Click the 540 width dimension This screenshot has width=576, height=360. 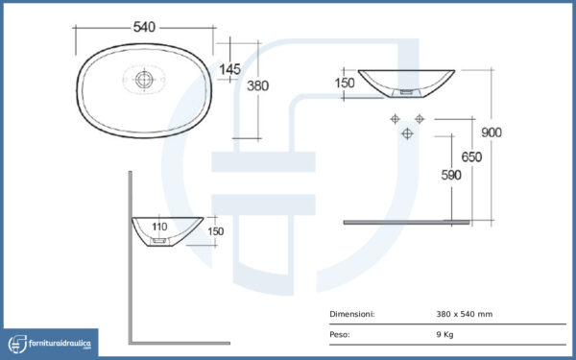pyautogui.click(x=144, y=27)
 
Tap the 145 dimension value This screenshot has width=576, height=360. pyautogui.click(x=230, y=69)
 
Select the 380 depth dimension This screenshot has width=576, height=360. pyautogui.click(x=258, y=86)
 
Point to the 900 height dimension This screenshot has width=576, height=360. pyautogui.click(x=492, y=132)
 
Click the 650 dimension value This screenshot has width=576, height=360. pyautogui.click(x=471, y=156)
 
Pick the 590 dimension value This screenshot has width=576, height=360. pyautogui.click(x=451, y=176)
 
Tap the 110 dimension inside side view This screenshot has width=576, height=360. pyautogui.click(x=159, y=227)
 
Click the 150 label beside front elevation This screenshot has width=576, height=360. pyautogui.click(x=345, y=83)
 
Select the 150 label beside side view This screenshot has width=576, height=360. pyautogui.click(x=216, y=231)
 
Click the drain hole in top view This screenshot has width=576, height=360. pyautogui.click(x=144, y=80)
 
